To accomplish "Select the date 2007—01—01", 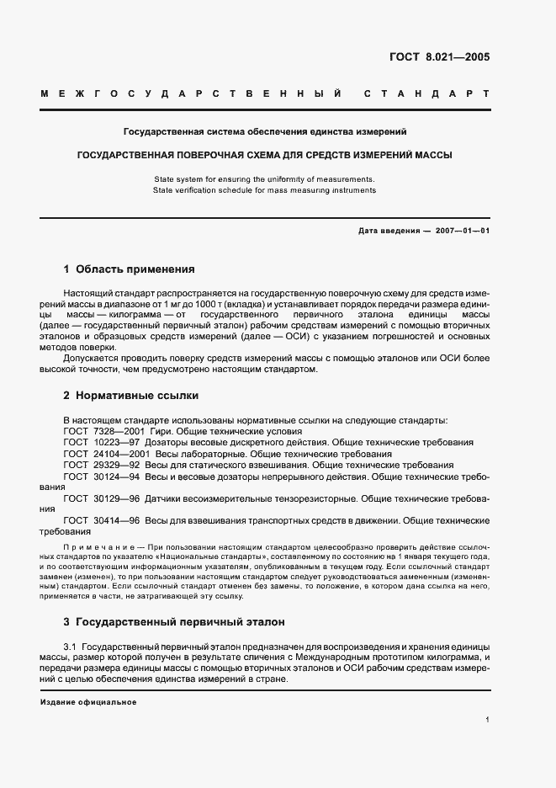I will coord(459,230).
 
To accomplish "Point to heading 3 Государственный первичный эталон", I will coord(174,622).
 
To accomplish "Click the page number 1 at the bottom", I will coord(488,720).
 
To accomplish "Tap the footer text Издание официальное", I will coord(87,702).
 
